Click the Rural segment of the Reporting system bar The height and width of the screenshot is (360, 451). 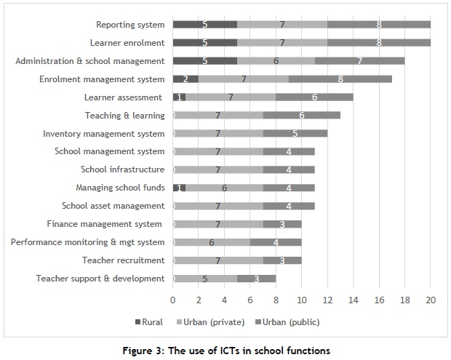[x=204, y=25]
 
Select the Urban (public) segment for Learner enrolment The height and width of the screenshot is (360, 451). [x=379, y=43]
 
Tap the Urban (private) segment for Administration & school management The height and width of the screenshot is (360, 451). [x=276, y=61]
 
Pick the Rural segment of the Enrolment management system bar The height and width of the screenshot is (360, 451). [x=185, y=79]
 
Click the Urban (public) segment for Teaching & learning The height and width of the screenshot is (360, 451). [x=301, y=115]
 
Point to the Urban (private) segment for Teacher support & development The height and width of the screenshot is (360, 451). [x=204, y=279]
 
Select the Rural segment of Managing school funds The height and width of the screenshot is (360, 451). [x=179, y=188]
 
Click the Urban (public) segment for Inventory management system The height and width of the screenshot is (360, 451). [x=295, y=133]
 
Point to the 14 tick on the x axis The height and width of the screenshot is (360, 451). [x=354, y=298]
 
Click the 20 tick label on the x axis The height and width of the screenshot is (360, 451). [x=431, y=298]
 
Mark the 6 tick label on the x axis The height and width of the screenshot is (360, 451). [x=250, y=298]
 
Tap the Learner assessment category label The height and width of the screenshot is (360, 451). [x=123, y=97]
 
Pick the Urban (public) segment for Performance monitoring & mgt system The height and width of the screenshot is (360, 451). [x=276, y=242]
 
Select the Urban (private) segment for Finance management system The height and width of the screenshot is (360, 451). [x=217, y=224]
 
